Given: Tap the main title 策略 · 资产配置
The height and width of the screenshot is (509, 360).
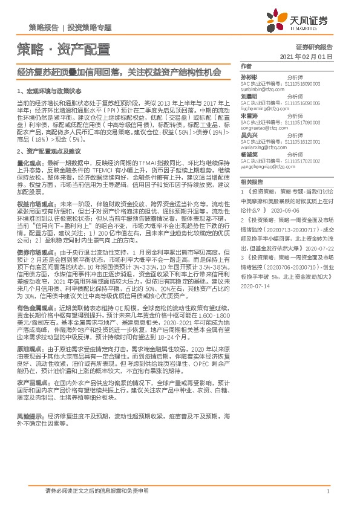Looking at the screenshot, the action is click(x=63, y=48).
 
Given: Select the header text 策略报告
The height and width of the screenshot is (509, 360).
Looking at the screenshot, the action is click(x=44, y=28).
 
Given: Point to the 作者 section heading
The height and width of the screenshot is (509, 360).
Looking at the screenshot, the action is click(x=246, y=66).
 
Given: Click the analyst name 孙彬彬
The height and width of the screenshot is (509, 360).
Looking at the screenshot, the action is click(x=249, y=77).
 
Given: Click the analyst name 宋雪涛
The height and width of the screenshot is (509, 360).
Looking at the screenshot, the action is click(x=249, y=116).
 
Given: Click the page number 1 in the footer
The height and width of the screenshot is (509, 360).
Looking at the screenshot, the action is click(x=327, y=491).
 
